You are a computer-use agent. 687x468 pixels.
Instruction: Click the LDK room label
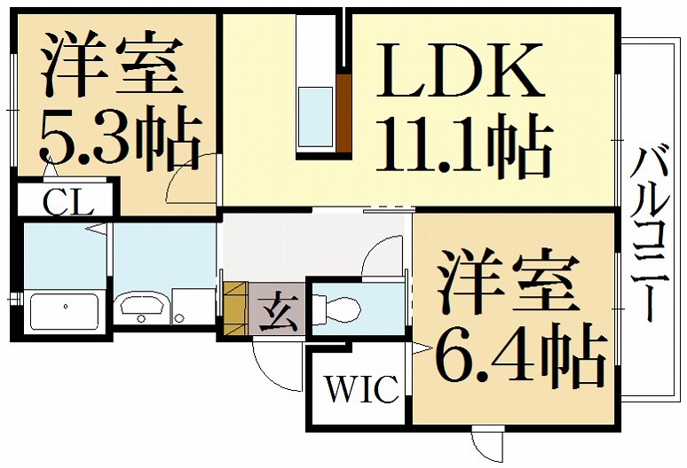[459, 70]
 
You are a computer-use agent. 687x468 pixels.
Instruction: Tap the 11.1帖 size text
[464, 146]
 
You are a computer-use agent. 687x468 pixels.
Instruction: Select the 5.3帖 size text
[119, 136]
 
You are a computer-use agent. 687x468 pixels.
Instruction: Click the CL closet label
[68, 201]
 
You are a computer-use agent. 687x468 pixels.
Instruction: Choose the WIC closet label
[362, 388]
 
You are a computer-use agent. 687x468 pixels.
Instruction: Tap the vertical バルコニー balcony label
[651, 234]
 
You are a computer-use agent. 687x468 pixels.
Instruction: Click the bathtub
[64, 311]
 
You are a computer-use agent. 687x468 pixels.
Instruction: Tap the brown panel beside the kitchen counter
[343, 113]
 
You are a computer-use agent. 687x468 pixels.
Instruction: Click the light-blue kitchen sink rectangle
[315, 116]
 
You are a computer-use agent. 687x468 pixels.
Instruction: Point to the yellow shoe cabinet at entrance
[236, 308]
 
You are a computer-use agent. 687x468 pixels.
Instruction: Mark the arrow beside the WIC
[422, 348]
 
